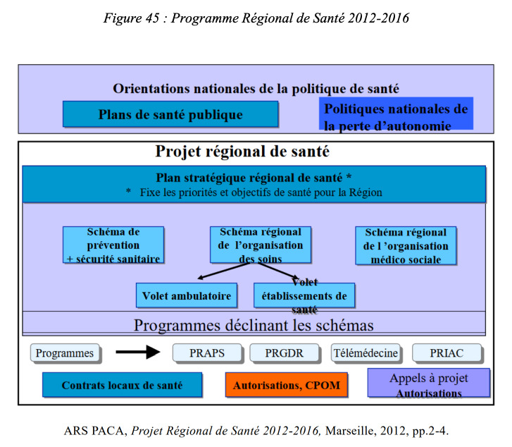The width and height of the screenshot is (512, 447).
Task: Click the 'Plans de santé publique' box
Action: (170, 114)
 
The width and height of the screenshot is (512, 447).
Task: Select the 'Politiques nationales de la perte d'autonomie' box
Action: (396, 114)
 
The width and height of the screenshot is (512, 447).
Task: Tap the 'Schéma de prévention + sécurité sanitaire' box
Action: (113, 245)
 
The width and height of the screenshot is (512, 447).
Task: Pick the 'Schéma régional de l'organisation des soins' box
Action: (261, 245)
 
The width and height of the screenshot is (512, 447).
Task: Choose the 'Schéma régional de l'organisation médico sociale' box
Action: (406, 245)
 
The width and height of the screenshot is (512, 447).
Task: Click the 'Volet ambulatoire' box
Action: (187, 295)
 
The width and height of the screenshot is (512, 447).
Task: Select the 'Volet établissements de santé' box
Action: (304, 295)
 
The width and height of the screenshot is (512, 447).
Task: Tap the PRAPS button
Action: (207, 353)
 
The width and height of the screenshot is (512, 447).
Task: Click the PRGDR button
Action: (285, 353)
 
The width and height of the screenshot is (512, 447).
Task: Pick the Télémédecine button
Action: (366, 353)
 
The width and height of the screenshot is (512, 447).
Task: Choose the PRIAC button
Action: (447, 353)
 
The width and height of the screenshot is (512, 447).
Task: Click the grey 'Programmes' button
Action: (65, 353)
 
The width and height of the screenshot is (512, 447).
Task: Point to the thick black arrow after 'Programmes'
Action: (138, 352)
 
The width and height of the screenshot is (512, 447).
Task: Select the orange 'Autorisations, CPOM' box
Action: (287, 385)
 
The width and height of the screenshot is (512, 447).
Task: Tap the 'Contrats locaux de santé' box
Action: (123, 385)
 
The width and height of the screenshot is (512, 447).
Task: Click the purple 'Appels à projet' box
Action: (429, 383)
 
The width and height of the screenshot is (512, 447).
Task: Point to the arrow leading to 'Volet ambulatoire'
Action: (224, 271)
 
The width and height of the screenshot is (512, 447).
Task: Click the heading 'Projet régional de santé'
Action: (242, 152)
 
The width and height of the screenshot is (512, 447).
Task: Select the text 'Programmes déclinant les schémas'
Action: (254, 325)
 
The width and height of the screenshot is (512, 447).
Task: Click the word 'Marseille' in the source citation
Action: (350, 431)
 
